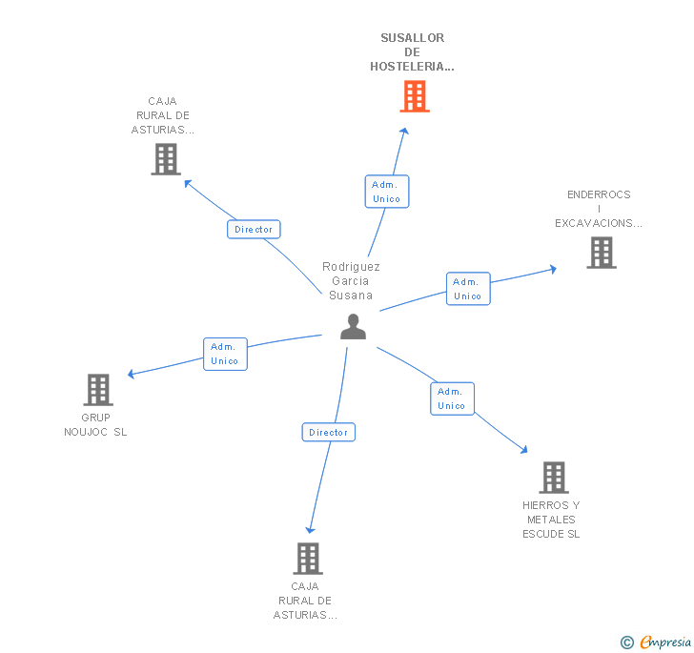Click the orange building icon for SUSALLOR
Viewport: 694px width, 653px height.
click(x=414, y=96)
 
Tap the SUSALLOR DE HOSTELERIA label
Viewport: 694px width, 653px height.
click(x=412, y=52)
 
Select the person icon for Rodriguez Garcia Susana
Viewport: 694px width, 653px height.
click(x=353, y=327)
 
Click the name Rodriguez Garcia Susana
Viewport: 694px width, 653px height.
click(x=351, y=281)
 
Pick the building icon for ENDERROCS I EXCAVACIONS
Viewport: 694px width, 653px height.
click(x=601, y=253)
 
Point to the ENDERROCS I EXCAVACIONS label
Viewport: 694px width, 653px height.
click(x=599, y=209)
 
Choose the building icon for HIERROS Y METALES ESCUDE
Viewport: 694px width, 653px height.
click(x=553, y=477)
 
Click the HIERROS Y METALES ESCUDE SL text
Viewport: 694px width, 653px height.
click(x=551, y=520)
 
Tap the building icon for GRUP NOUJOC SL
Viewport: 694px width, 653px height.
click(x=98, y=389)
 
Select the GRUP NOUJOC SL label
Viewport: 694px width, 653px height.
click(x=95, y=425)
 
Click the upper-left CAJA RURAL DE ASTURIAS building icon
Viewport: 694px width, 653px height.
click(x=166, y=159)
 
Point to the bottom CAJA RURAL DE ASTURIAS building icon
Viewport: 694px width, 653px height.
click(x=307, y=558)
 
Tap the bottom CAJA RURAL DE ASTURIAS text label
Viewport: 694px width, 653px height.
click(x=305, y=601)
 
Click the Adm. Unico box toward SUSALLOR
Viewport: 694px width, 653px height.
click(x=387, y=192)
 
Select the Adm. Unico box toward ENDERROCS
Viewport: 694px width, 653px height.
click(x=467, y=289)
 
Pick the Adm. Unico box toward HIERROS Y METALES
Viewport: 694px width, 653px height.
click(x=451, y=398)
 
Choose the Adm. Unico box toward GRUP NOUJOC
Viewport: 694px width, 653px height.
click(x=225, y=354)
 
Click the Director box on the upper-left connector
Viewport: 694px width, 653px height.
click(x=254, y=229)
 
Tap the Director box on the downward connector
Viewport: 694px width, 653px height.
click(x=329, y=433)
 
